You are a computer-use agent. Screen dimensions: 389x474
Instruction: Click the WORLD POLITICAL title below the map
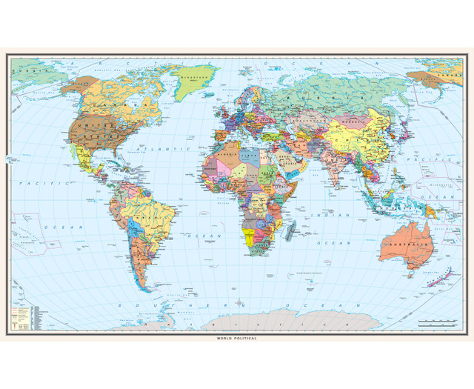click(x=237, y=338)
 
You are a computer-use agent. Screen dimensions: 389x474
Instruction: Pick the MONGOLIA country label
click(x=362, y=123)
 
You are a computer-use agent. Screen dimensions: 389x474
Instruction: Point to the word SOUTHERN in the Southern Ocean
click(x=144, y=305)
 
